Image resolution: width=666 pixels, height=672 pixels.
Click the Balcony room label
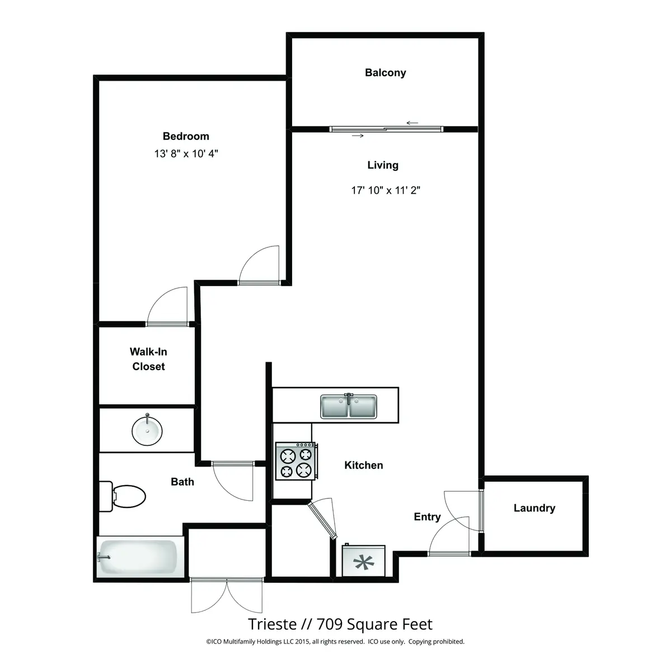tap(385, 73)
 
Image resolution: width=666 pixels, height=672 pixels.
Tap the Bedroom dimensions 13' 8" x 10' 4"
tap(186, 153)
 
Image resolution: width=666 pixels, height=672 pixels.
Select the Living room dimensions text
tap(385, 190)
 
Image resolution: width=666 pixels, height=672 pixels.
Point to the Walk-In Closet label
tap(148, 359)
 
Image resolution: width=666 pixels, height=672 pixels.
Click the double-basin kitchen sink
tap(349, 407)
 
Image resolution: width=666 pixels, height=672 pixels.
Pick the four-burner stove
tap(296, 461)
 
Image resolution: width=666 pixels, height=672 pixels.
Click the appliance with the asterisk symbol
tap(364, 562)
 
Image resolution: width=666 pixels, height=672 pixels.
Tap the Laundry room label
tap(534, 508)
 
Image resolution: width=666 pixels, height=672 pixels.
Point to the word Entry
tap(427, 517)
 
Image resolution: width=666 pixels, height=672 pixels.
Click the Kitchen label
tap(363, 465)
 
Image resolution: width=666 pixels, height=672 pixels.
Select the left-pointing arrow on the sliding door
tap(412, 123)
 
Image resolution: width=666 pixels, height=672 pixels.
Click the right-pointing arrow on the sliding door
tap(358, 136)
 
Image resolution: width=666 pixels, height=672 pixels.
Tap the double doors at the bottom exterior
tap(226, 596)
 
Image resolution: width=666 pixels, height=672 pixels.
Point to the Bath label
tap(182, 482)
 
